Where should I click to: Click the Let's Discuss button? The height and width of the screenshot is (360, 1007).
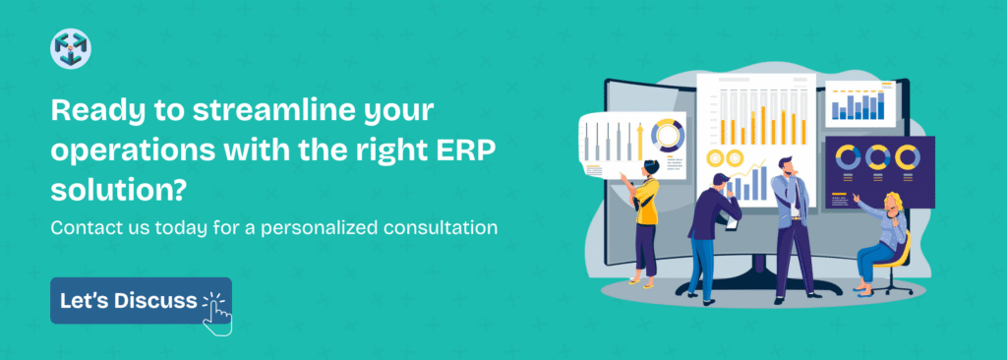coord(141,301)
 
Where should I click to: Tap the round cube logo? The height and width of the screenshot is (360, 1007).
coord(71,49)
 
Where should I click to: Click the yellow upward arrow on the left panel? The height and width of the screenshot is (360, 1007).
coord(639,141)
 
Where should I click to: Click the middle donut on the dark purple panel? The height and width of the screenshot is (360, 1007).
coord(876,156)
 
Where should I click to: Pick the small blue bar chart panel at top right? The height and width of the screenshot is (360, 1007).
coord(859,104)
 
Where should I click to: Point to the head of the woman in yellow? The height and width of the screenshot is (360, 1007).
coord(651,169)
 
